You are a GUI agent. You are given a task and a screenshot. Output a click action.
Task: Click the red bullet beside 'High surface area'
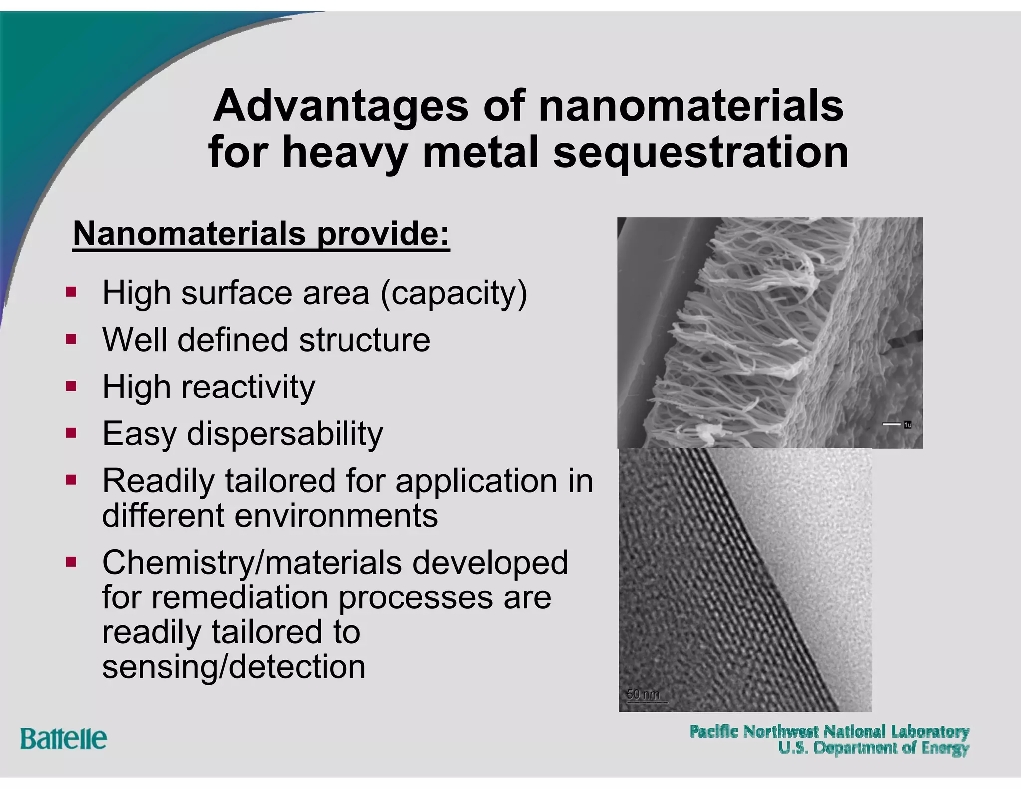tap(71, 292)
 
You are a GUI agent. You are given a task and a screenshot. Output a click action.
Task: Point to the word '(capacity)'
tap(454, 293)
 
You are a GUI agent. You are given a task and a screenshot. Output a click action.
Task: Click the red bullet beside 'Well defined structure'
tap(71, 339)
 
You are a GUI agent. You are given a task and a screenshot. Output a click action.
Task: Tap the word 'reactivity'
tap(248, 387)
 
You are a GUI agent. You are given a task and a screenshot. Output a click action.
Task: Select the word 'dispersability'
tap(285, 434)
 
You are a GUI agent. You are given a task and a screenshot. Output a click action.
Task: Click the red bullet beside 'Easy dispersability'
tap(71, 433)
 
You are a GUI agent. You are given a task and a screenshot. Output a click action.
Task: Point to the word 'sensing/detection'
tap(234, 667)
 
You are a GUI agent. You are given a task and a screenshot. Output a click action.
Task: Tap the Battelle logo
tap(63, 738)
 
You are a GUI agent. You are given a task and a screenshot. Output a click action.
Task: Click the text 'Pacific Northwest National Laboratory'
tap(829, 732)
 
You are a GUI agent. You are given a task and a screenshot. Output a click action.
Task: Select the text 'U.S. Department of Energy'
tap(873, 748)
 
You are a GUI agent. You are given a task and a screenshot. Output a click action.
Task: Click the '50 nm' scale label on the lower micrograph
tap(643, 694)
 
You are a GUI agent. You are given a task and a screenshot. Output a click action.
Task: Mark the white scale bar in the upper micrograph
tap(891, 424)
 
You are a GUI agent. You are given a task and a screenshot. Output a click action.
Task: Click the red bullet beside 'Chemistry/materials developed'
tap(71, 563)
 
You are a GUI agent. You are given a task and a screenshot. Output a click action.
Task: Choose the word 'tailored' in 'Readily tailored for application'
tap(280, 481)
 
